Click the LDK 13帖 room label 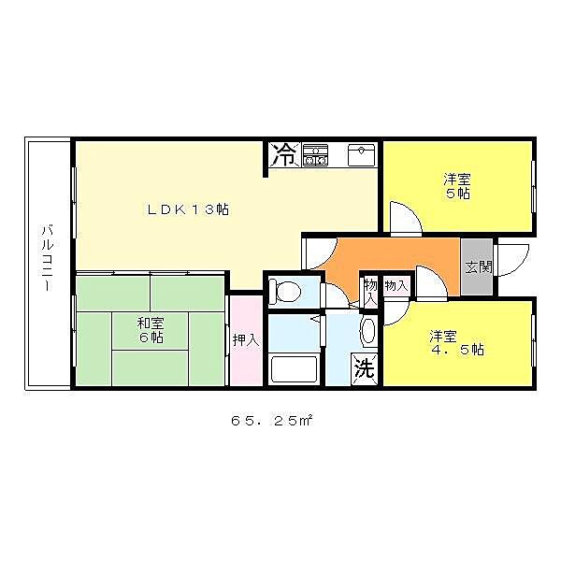pyautogui.click(x=188, y=209)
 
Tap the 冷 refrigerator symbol pyautogui.click(x=284, y=154)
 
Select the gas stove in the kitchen pyautogui.click(x=315, y=155)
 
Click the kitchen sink pyautogui.click(x=361, y=155)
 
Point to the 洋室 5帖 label pyautogui.click(x=457, y=186)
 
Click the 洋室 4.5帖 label pyautogui.click(x=457, y=343)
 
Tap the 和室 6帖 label pyautogui.click(x=151, y=331)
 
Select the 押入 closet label pyautogui.click(x=246, y=340)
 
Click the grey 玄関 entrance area pyautogui.click(x=477, y=266)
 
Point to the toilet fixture pyautogui.click(x=285, y=291)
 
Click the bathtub pyautogui.click(x=295, y=368)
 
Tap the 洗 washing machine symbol pyautogui.click(x=365, y=369)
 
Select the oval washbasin pyautogui.click(x=369, y=331)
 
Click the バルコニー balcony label pyautogui.click(x=48, y=258)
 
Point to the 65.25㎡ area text pyautogui.click(x=272, y=421)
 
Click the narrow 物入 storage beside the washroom pyautogui.click(x=370, y=291)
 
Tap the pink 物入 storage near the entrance pyautogui.click(x=396, y=285)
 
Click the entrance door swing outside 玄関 pyautogui.click(x=511, y=260)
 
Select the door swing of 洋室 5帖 pyautogui.click(x=406, y=219)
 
